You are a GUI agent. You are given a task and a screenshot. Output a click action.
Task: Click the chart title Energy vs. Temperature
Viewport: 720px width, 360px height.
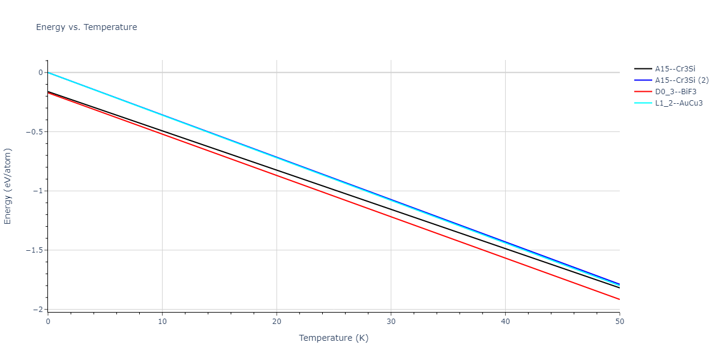click(86, 27)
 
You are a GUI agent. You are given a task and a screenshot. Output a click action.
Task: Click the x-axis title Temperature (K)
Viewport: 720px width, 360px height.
click(334, 338)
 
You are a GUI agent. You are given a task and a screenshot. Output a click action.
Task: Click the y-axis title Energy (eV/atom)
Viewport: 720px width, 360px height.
click(8, 187)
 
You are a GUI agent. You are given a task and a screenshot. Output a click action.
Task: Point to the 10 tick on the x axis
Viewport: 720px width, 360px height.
click(162, 322)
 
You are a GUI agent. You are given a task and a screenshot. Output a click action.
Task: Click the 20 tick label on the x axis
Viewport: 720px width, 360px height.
click(277, 322)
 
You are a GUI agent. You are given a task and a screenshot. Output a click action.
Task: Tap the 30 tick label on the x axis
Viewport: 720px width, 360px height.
click(391, 322)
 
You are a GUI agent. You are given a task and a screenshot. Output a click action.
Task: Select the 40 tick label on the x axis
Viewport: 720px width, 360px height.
click(505, 322)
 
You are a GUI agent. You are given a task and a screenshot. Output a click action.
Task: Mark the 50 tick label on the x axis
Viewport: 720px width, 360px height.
click(620, 322)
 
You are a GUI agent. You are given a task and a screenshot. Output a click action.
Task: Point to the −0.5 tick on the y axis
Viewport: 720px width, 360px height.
click(33, 132)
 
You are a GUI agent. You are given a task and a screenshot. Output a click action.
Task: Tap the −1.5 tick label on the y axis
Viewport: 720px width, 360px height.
click(33, 250)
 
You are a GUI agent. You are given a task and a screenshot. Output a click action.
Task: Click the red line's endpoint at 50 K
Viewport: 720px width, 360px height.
click(620, 299)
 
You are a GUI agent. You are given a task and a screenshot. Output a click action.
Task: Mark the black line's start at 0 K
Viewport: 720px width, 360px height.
click(48, 92)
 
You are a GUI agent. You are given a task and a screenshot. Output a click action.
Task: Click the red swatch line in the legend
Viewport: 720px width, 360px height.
click(643, 92)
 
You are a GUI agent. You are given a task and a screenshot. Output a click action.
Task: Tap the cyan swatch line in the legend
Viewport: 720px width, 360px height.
click(643, 103)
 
